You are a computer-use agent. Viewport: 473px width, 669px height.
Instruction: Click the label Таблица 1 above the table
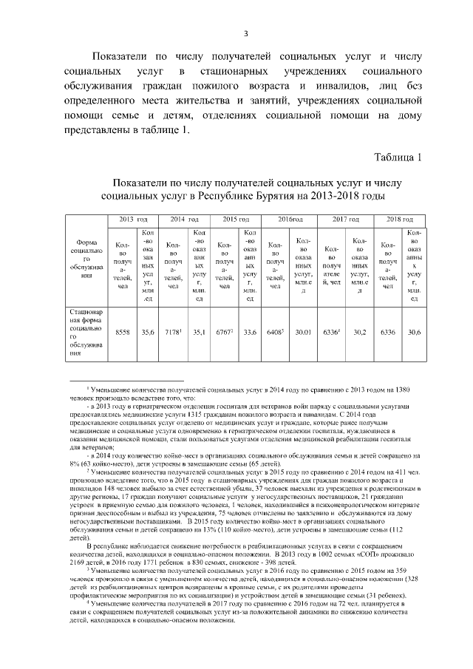click(x=397, y=157)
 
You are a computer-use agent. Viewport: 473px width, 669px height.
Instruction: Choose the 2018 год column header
click(x=399, y=220)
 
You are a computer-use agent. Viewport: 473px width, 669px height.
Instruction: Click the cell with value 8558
click(x=123, y=333)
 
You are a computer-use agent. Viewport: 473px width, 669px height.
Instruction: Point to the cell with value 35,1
click(x=198, y=333)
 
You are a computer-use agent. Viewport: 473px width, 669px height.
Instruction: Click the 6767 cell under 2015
click(x=225, y=333)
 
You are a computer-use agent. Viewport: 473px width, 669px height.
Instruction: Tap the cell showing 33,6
click(x=250, y=333)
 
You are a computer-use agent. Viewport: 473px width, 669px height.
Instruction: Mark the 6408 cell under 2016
click(x=276, y=333)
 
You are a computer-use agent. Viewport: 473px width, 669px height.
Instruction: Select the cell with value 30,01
click(x=303, y=333)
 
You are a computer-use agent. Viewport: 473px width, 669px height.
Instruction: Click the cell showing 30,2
click(x=360, y=333)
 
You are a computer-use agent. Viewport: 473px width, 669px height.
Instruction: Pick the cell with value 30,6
click(x=413, y=333)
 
